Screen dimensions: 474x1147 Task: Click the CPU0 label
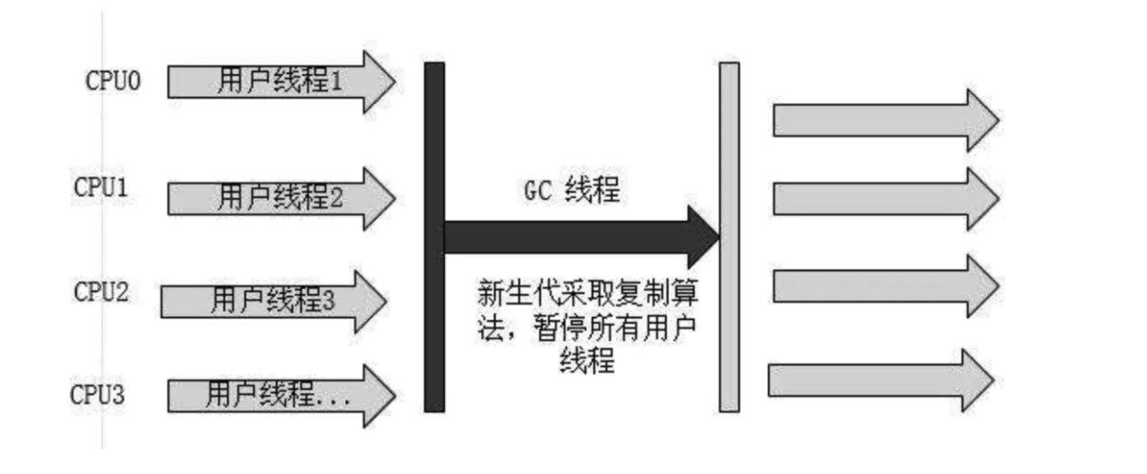pos(113,81)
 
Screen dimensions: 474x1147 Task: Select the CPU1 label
pos(100,190)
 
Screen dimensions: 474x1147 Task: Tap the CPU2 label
pos(100,292)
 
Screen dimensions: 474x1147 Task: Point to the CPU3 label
pos(99,395)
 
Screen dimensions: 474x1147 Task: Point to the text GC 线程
pos(573,193)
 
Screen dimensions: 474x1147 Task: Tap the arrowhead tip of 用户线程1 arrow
pos(391,82)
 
